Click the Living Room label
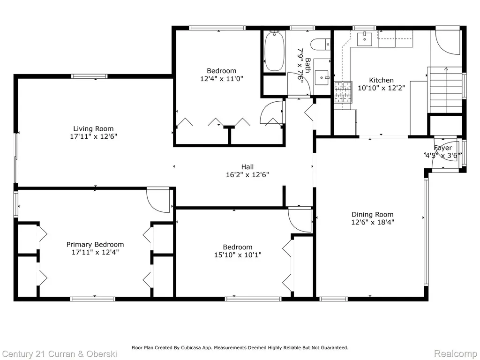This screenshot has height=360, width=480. (93, 128)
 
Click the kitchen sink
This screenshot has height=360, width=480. (365, 38)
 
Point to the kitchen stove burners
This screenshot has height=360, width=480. (343, 91)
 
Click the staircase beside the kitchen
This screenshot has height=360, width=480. (446, 90)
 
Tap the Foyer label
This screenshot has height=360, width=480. (442, 148)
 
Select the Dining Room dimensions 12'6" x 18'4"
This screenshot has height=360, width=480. (373, 222)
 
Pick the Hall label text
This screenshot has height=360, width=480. (247, 167)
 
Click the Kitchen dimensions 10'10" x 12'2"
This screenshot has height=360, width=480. (382, 88)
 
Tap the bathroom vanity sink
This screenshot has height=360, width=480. (322, 77)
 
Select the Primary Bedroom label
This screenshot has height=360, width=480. (95, 244)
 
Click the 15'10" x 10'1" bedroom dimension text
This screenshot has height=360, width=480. (238, 255)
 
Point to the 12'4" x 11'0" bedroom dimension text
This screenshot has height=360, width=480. (222, 79)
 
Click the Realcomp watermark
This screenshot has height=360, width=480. (456, 354)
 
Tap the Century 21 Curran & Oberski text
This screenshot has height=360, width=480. (60, 354)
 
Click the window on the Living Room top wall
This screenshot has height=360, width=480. (90, 76)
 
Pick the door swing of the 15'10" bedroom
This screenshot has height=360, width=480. (300, 220)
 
